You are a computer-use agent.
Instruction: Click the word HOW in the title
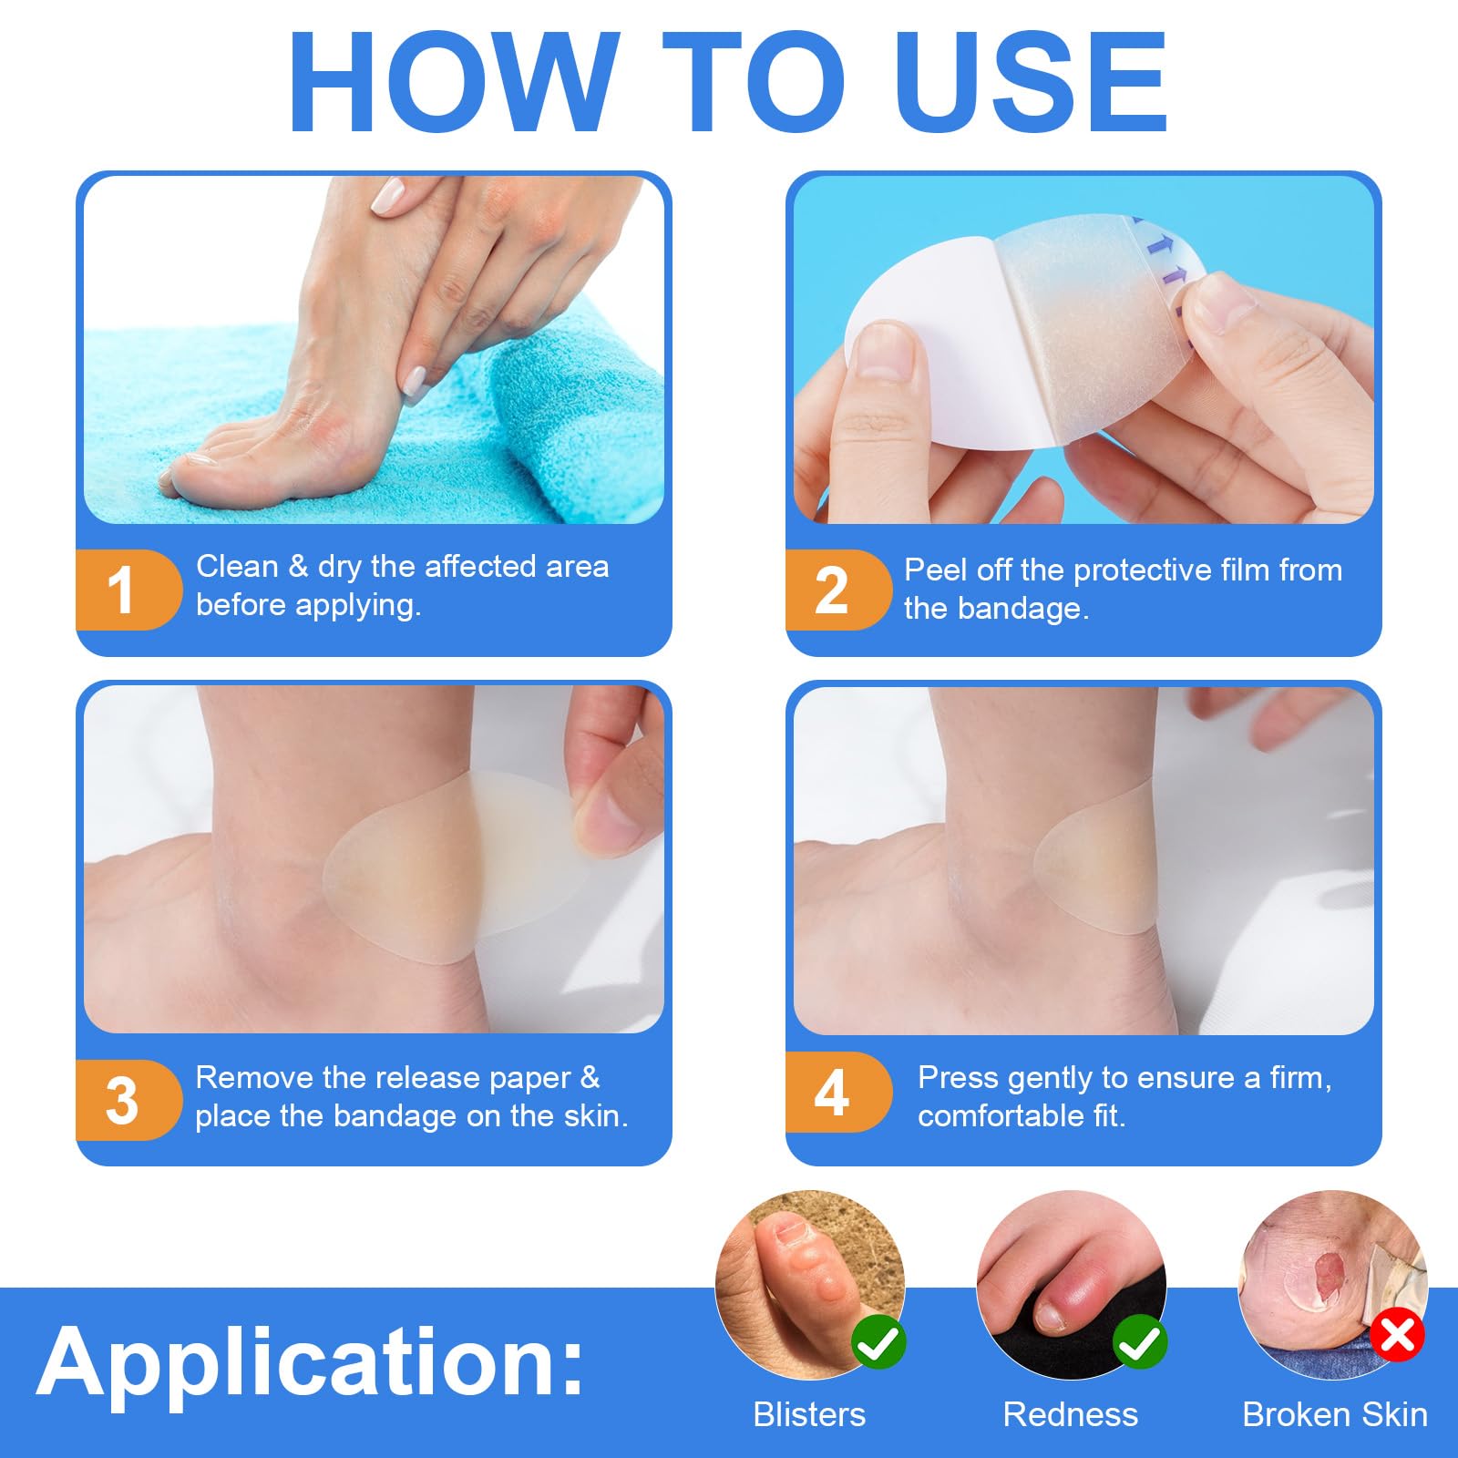click(454, 82)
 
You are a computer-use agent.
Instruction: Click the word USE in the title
click(1031, 82)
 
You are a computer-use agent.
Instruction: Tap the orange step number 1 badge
click(128, 590)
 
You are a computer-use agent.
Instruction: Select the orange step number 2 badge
click(837, 590)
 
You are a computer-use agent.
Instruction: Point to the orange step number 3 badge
click(128, 1100)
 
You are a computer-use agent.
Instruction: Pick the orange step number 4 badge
click(837, 1093)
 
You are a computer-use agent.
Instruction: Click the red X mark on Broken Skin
click(1398, 1336)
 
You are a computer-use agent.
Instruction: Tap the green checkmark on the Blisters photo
click(878, 1341)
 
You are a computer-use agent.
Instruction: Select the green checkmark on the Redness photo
click(1139, 1341)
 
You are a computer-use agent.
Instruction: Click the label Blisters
click(809, 1414)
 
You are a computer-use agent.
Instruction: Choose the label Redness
click(1070, 1414)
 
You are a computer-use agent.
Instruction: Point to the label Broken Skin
click(1335, 1414)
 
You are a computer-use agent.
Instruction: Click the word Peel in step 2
click(935, 570)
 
